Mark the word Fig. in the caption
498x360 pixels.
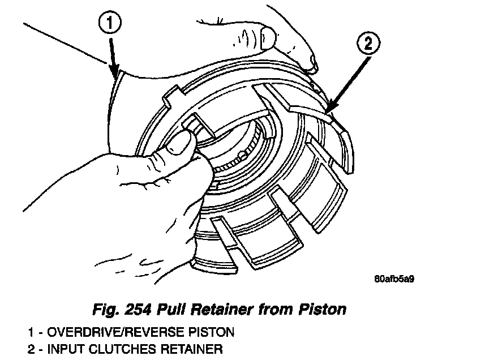tap(105, 310)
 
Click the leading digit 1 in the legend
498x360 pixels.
tap(30, 331)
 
